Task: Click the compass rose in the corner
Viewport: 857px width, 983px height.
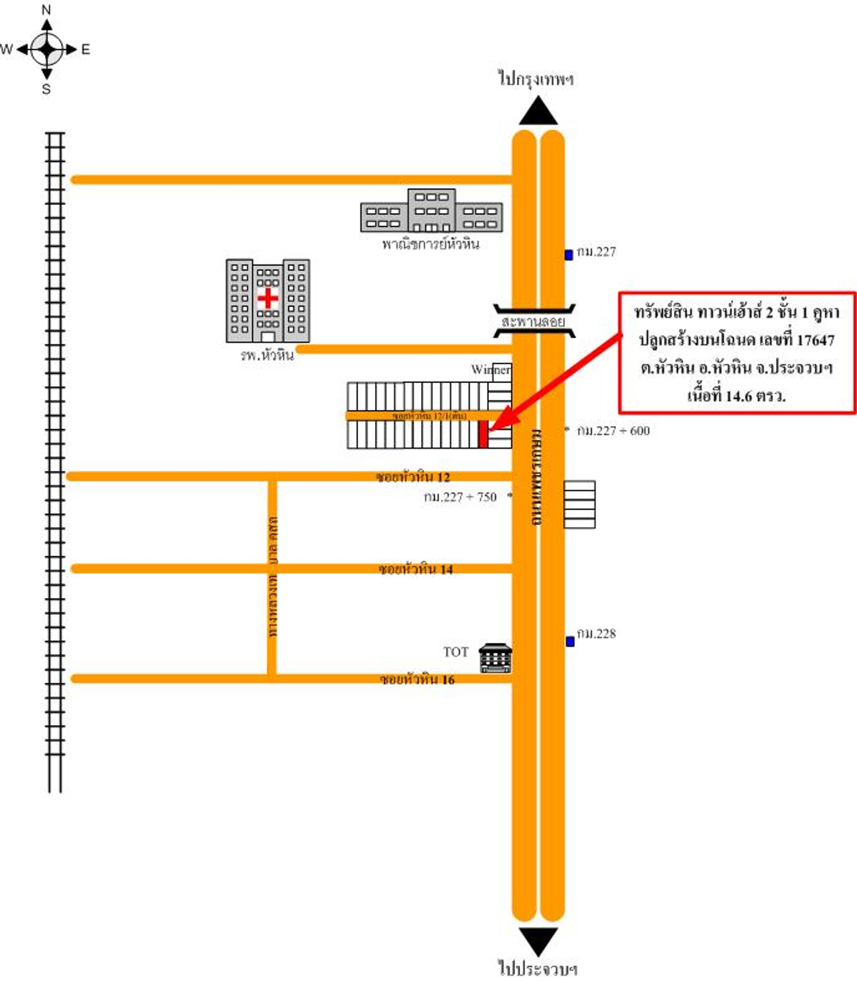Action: (47, 49)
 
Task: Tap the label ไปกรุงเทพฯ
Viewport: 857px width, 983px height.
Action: (536, 79)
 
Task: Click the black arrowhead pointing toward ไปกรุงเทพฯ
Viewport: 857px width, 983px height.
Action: (538, 112)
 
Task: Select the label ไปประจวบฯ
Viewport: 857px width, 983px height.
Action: (537, 968)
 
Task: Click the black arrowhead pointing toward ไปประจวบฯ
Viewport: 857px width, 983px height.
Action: (538, 941)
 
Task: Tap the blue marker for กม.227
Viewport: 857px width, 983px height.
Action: (568, 254)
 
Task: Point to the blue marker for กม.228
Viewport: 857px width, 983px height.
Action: (570, 641)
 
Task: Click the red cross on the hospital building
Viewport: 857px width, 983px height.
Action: (268, 298)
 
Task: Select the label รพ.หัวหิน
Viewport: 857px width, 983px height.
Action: (267, 356)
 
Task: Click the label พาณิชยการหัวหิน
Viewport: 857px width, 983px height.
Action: (431, 244)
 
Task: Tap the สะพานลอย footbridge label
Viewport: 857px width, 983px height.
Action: (534, 322)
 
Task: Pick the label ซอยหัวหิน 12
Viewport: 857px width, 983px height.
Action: (412, 477)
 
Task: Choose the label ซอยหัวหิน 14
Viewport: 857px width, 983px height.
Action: (416, 569)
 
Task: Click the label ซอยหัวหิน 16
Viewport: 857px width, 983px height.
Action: (417, 680)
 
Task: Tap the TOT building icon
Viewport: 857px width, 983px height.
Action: (495, 658)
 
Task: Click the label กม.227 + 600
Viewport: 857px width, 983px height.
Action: (613, 431)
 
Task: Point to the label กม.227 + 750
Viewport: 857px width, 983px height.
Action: (460, 497)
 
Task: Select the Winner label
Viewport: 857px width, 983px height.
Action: (490, 370)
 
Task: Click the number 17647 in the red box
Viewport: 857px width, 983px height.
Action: (815, 340)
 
